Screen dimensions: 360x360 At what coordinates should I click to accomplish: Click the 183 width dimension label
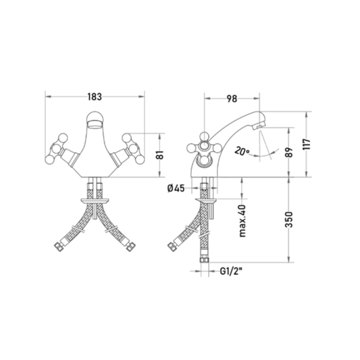point(95,97)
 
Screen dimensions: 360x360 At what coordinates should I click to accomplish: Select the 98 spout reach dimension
point(232,99)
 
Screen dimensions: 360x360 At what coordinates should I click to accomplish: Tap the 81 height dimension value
point(161,155)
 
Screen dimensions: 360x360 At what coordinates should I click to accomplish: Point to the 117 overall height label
point(307,145)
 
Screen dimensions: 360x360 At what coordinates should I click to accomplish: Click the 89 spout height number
point(290,152)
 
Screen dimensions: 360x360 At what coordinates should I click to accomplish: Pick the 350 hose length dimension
point(289,220)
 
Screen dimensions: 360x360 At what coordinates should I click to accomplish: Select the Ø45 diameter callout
point(176,188)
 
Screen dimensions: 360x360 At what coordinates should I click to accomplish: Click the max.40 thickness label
point(242,220)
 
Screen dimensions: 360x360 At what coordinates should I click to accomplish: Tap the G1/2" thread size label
point(231,272)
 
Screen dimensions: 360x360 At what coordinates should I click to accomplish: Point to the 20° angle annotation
point(242,151)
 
